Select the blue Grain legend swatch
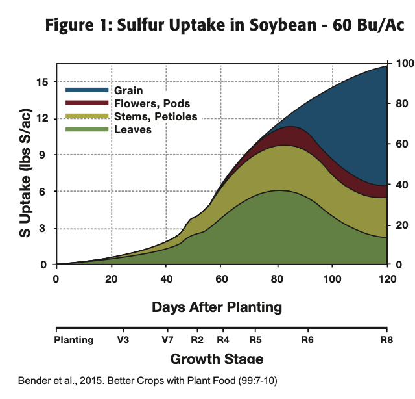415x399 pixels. point(87,90)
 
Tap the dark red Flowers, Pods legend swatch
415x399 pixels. point(87,103)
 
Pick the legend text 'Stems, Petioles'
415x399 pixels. point(156,116)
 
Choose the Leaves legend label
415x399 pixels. point(132,129)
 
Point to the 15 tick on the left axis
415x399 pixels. point(43,82)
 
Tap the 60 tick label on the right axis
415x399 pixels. point(400,144)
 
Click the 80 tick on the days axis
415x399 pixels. point(278,279)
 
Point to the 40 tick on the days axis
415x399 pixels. point(167,279)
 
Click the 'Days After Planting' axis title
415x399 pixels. point(217,306)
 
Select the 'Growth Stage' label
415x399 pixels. point(217,359)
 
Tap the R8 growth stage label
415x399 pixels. point(386,339)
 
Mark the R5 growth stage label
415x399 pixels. point(255,339)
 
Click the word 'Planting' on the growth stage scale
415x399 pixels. point(74,339)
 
